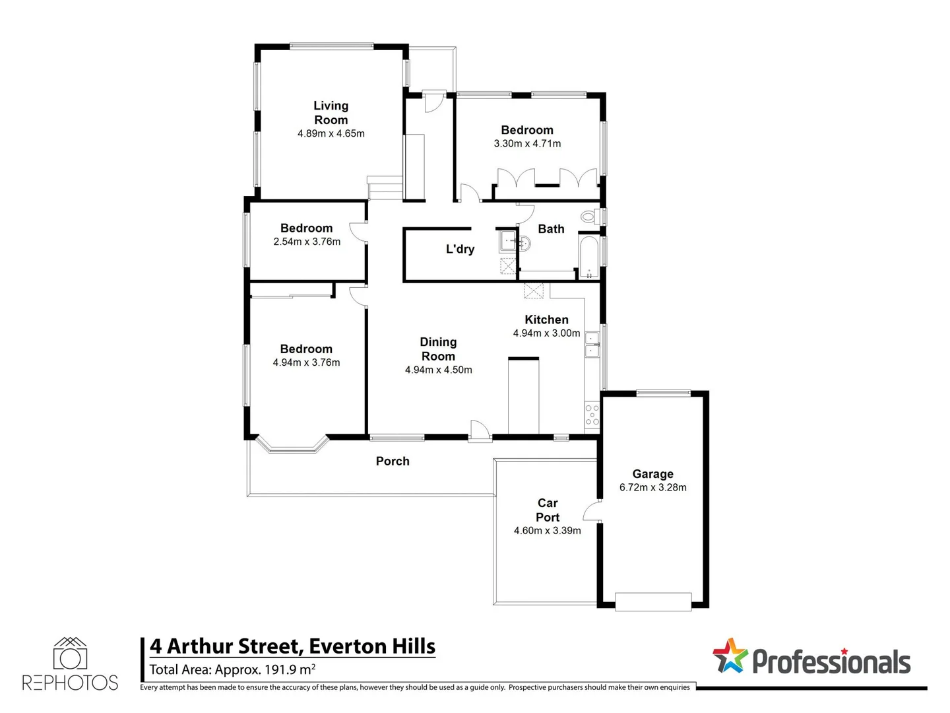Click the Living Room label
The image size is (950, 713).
(331, 113)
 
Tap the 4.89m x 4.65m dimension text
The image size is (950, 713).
(331, 133)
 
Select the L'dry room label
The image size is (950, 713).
(460, 249)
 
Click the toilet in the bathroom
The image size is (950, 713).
(588, 216)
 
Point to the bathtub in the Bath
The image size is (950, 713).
(589, 255)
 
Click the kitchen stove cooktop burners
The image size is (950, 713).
(592, 414)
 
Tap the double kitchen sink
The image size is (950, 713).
(592, 345)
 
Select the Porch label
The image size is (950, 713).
(393, 461)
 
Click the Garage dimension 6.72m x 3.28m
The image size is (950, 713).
(652, 488)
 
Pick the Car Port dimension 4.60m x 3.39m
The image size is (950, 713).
(547, 531)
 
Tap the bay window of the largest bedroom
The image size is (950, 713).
(292, 446)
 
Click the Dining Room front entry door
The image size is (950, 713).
(480, 430)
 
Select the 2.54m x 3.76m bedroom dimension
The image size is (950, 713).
(307, 242)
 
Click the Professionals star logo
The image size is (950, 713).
(730, 656)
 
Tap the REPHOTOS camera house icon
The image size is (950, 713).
(70, 654)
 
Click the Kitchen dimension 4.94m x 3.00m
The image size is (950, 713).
(546, 333)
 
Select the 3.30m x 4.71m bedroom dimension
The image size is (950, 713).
(527, 144)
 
